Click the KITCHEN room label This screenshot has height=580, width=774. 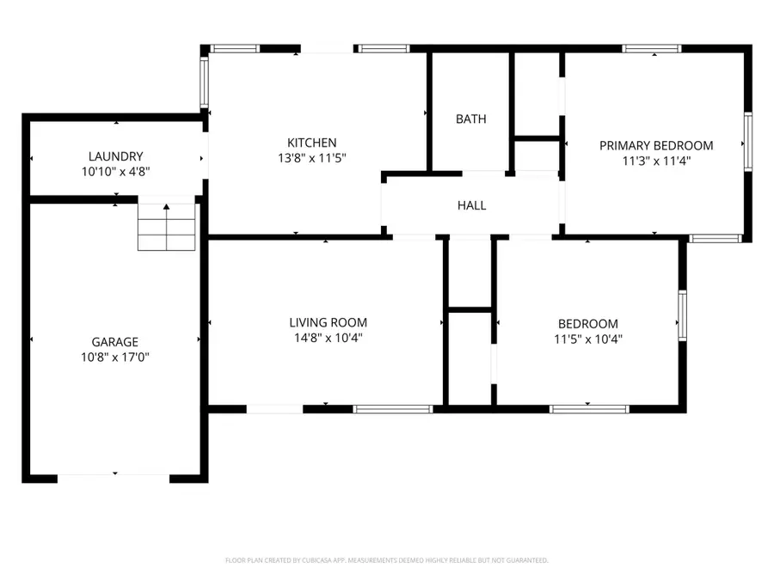[x=311, y=143]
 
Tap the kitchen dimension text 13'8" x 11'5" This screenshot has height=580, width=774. [x=311, y=157]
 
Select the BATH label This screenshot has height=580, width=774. [x=470, y=119]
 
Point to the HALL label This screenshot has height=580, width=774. [x=471, y=205]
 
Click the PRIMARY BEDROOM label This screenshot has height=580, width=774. [x=656, y=145]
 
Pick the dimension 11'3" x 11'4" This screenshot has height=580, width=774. [x=656, y=160]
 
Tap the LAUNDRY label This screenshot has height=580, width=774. [x=115, y=156]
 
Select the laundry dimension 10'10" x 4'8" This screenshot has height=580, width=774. [x=115, y=171]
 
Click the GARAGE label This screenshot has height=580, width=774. [x=115, y=342]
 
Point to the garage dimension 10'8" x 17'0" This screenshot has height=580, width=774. [x=115, y=357]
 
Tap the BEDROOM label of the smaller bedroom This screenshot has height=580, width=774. [x=588, y=324]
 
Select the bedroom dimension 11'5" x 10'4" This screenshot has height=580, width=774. [x=588, y=339]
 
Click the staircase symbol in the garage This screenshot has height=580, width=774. [x=168, y=226]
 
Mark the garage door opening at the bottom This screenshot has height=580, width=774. [x=114, y=476]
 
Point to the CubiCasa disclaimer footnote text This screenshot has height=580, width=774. [x=386, y=560]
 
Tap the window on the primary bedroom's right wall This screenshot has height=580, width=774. [x=747, y=143]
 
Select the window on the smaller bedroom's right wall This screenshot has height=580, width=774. [x=682, y=316]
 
